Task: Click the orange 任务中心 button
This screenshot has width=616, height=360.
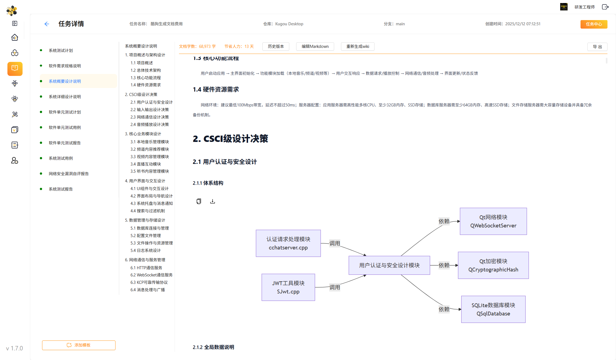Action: coord(594,24)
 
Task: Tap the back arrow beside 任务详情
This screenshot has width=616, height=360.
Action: coord(47,24)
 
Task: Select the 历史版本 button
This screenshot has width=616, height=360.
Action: coord(276,46)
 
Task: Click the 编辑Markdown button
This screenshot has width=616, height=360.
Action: coord(315,46)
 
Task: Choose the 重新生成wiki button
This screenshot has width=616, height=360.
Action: coord(358,46)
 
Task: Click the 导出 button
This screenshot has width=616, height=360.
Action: coord(597,47)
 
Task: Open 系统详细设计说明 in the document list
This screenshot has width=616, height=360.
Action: coord(65,97)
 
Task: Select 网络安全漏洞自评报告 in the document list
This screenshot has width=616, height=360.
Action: coord(68,174)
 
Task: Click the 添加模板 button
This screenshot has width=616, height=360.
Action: coord(79,345)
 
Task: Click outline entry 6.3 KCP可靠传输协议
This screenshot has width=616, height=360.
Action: coord(149,282)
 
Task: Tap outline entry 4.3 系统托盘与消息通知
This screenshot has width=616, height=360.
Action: coord(151,204)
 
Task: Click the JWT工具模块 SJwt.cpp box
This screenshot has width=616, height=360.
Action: coord(288,287)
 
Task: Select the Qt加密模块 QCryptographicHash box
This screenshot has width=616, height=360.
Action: coord(493,265)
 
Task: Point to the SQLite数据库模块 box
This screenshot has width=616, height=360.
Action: coord(493,309)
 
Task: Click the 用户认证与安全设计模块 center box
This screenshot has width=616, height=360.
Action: coord(389,265)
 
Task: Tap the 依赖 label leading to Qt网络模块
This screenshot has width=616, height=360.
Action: coord(444,221)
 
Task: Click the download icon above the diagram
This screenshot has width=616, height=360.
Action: coord(213,202)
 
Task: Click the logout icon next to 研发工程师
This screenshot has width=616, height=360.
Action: coord(605,7)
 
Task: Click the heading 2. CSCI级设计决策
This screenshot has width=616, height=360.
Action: coord(230,139)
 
